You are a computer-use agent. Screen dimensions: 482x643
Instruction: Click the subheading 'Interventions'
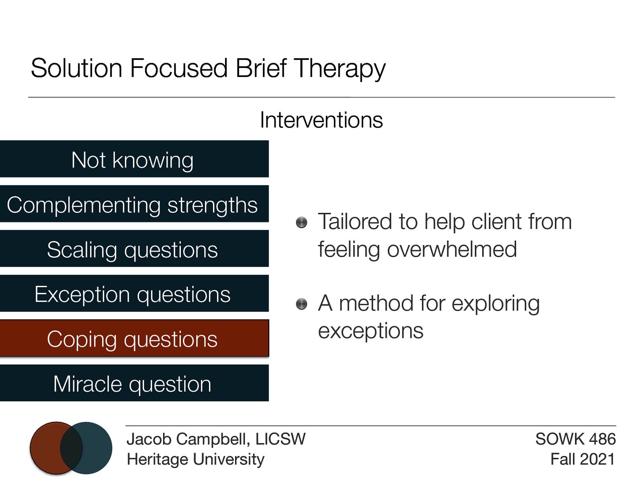[x=321, y=120]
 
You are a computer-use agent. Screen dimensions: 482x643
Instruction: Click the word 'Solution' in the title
[x=76, y=68]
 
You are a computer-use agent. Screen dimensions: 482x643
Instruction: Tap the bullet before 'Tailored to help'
[x=301, y=223]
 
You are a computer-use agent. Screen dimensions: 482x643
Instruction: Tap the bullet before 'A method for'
[x=301, y=304]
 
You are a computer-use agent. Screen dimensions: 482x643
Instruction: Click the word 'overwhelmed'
[x=452, y=249]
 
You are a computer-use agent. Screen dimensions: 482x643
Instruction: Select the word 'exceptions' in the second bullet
[x=371, y=331]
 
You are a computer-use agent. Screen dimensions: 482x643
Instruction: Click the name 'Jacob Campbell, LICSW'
[x=216, y=439]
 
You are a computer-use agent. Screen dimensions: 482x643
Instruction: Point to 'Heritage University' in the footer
[x=195, y=459]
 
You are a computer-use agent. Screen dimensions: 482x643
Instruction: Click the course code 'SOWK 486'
[x=575, y=439]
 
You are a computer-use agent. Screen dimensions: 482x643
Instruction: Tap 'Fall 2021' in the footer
[x=582, y=459]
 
